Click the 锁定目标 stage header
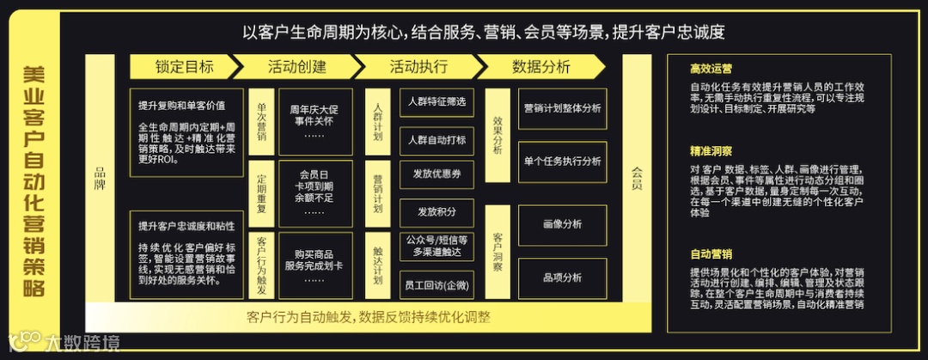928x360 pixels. pyautogui.click(x=184, y=66)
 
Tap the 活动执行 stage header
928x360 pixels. pyautogui.click(x=418, y=66)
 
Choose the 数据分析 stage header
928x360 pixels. pyautogui.click(x=540, y=66)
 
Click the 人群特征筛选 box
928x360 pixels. pyautogui.click(x=437, y=102)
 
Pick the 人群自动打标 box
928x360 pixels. pyautogui.click(x=437, y=139)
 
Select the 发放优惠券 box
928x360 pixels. pyautogui.click(x=437, y=174)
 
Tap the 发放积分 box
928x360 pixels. pyautogui.click(x=437, y=211)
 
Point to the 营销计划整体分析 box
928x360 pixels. pyautogui.click(x=563, y=109)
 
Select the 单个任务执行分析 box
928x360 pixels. pyautogui.click(x=563, y=162)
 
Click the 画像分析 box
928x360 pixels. pyautogui.click(x=563, y=225)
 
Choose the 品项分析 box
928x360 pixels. pyautogui.click(x=563, y=278)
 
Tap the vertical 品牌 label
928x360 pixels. pyautogui.click(x=100, y=177)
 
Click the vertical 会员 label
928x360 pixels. pyautogui.click(x=636, y=177)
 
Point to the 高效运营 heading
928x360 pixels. pyautogui.click(x=711, y=68)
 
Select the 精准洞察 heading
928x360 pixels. pyautogui.click(x=711, y=151)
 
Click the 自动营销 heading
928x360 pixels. pyautogui.click(x=711, y=254)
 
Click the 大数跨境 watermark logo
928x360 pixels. pyautogui.click(x=64, y=342)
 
